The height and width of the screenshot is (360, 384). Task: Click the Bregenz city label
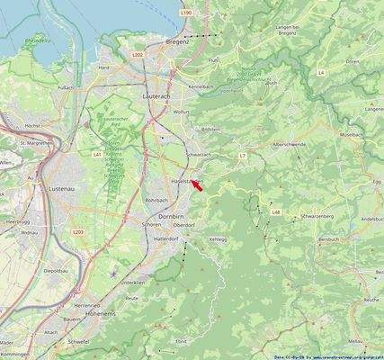(x=178, y=42)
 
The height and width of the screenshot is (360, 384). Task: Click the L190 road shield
(x=185, y=13)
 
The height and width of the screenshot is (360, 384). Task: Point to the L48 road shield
(x=276, y=212)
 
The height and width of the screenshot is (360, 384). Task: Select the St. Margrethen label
(x=35, y=142)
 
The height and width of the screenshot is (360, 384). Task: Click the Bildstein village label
(x=210, y=130)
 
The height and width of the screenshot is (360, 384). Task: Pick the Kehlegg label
(x=219, y=239)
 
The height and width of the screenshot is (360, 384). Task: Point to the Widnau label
(x=33, y=232)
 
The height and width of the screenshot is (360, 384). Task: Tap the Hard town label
(x=105, y=67)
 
